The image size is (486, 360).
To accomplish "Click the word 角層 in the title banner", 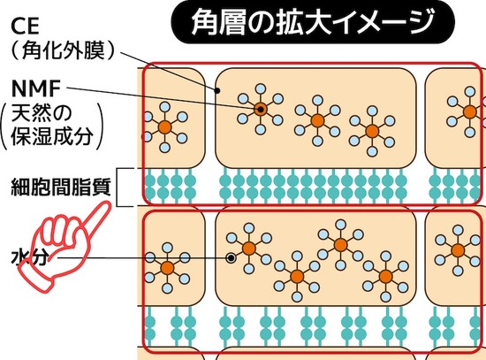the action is [218, 22].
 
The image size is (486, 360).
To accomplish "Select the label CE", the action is [25, 26].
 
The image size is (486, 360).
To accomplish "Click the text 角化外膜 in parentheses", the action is [63, 50].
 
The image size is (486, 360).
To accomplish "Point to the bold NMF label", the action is [35, 88].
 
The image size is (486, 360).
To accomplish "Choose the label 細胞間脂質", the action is [61, 187].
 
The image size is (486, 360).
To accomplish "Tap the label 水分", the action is [30, 257].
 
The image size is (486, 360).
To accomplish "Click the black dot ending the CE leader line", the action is [217, 90].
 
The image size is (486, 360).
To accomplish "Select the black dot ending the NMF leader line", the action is [261, 110].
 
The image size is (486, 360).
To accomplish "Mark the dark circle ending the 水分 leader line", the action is [231, 257].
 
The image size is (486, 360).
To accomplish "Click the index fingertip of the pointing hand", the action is [107, 205].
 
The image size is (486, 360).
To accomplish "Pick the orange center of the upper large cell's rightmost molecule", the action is [372, 131].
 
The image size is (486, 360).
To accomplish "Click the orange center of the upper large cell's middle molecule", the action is [317, 120].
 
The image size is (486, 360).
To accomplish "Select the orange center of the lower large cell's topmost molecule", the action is [340, 245].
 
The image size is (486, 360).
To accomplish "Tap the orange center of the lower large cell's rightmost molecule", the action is [385, 276].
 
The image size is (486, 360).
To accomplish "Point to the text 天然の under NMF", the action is [42, 113].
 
